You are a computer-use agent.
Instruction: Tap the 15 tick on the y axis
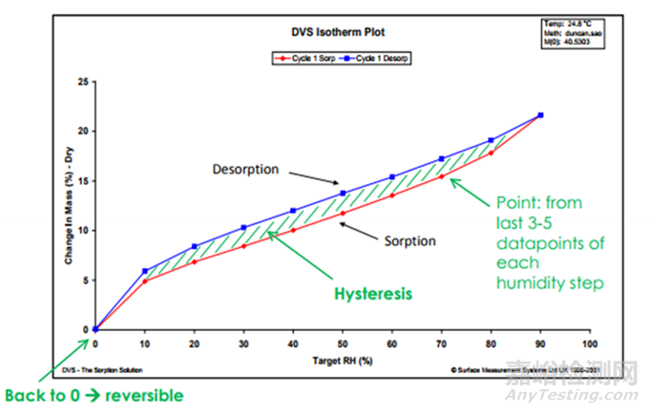84,180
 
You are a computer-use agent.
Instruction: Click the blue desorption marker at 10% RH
145,271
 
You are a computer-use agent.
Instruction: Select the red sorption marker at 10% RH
145,280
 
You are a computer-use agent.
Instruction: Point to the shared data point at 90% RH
540,115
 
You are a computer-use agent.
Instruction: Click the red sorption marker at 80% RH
492,153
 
